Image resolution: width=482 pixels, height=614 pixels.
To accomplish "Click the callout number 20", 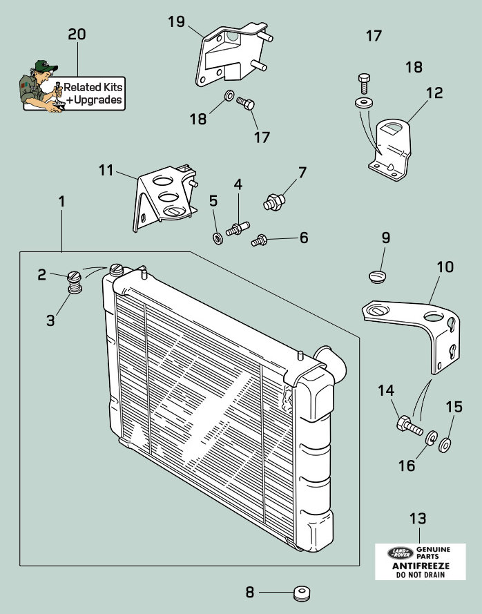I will click(77, 34).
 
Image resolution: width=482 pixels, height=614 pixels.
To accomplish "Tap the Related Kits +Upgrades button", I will click(93, 93).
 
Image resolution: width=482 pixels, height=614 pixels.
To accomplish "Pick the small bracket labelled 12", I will click(390, 149).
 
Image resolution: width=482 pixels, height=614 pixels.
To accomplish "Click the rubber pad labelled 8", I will click(300, 592).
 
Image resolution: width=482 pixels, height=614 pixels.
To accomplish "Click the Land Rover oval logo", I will click(398, 552).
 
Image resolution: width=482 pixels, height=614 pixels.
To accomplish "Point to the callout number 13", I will click(418, 518).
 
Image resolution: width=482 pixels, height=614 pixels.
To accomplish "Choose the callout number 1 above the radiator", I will click(61, 202).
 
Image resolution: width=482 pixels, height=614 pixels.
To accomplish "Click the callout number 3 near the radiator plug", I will click(50, 320).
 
